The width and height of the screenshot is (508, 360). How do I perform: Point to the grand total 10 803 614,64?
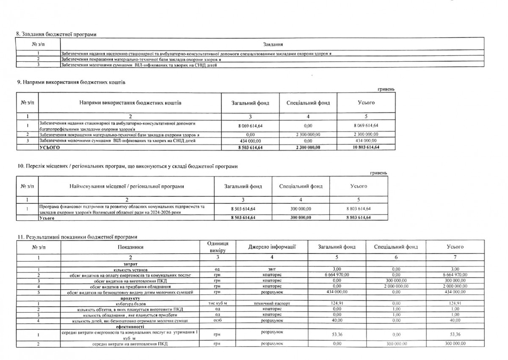coord(366,147)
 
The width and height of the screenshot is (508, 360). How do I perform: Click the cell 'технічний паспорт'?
coord(271,304)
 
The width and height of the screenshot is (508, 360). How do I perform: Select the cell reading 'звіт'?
coord(271,269)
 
